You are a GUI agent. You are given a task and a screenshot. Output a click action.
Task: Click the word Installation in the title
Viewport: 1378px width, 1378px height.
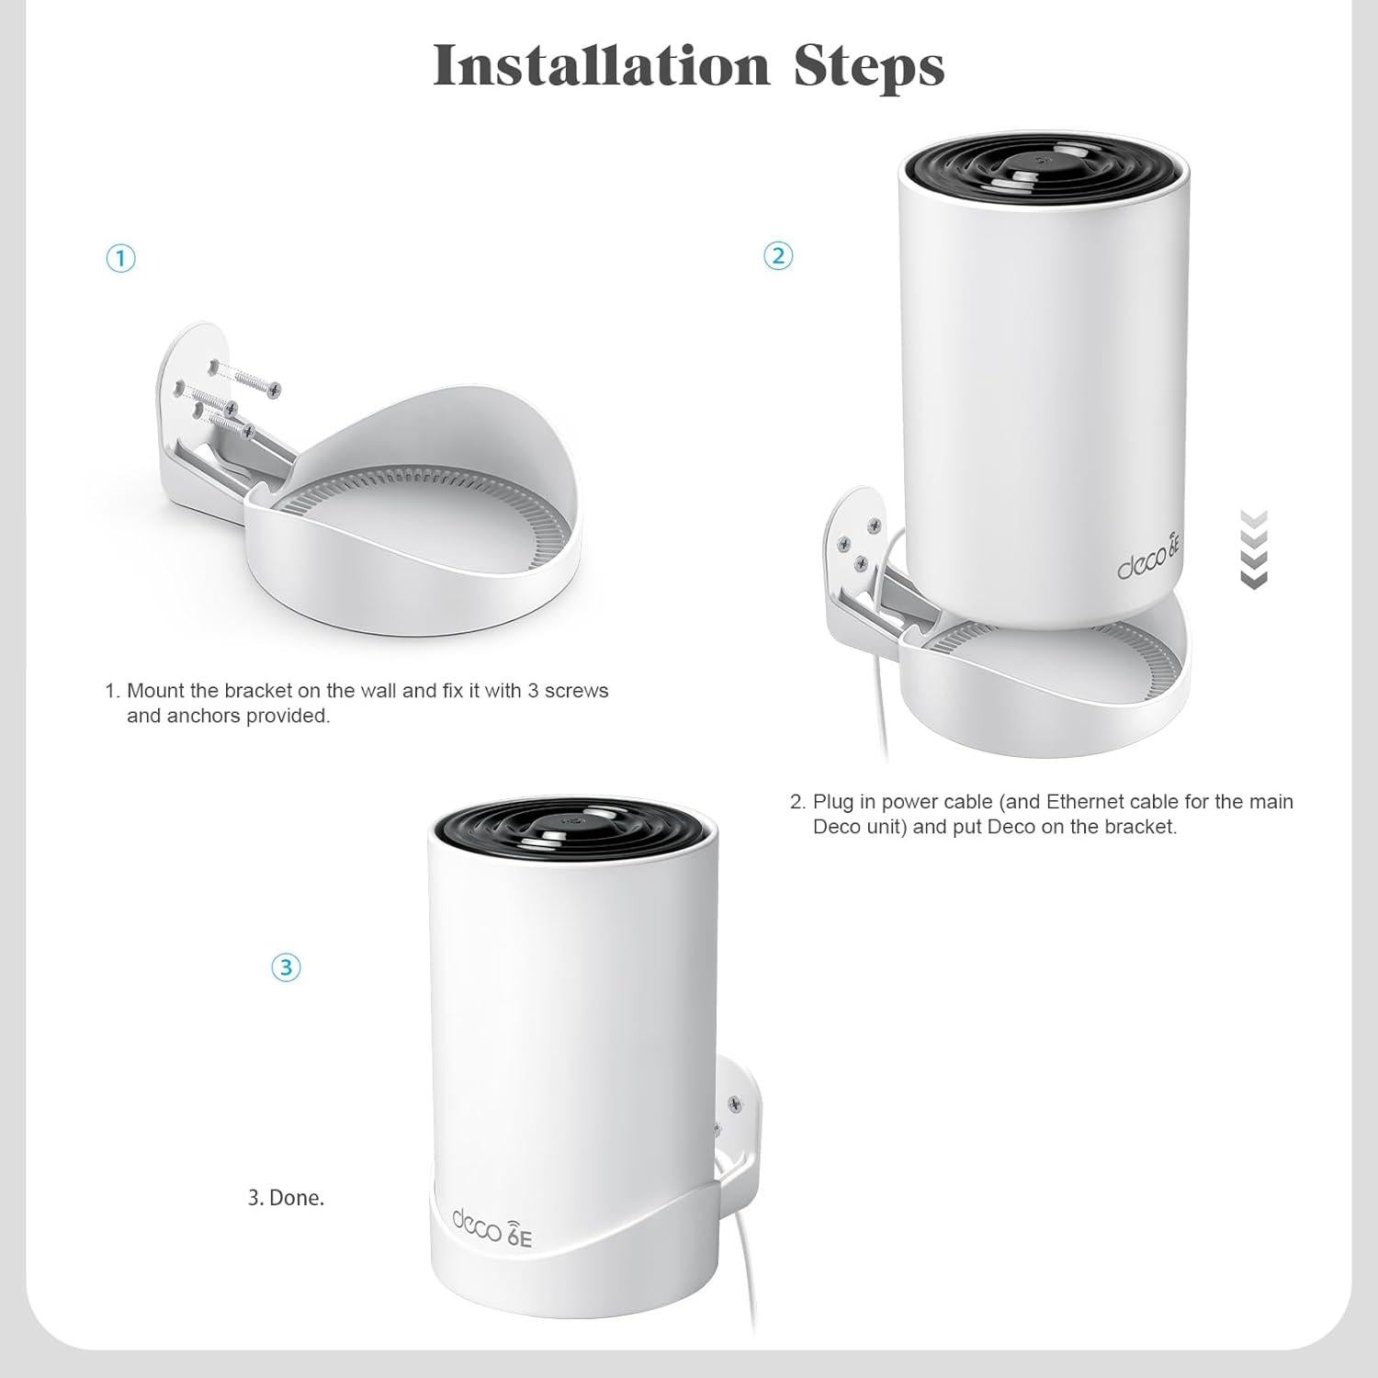pyautogui.click(x=601, y=64)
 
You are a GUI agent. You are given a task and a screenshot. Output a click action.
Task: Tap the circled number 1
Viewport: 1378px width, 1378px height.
pyautogui.click(x=121, y=258)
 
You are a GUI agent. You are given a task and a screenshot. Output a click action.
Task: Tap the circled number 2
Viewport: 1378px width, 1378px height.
pyautogui.click(x=778, y=255)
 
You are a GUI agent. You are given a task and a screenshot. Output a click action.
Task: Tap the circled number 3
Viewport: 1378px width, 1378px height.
pyautogui.click(x=286, y=967)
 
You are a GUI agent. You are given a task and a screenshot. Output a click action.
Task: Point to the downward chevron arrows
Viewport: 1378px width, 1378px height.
pyautogui.click(x=1253, y=548)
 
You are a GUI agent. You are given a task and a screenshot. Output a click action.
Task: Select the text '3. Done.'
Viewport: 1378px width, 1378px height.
pyautogui.click(x=286, y=1198)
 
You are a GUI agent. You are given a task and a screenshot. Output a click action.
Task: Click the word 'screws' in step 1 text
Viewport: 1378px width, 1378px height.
pyautogui.click(x=576, y=690)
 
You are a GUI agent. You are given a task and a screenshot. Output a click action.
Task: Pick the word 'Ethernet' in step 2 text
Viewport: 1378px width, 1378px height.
pyautogui.click(x=1082, y=801)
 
